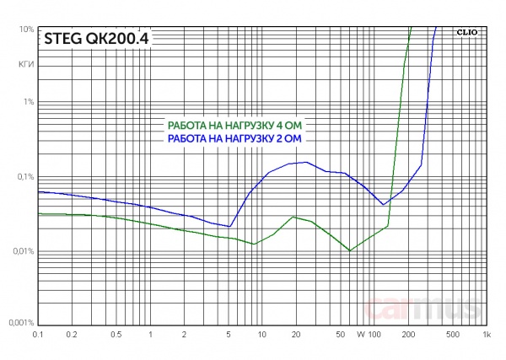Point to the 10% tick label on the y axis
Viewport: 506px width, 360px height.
(25, 30)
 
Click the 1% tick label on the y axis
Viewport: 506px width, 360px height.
(28, 102)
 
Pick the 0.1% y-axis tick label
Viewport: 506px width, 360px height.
(24, 177)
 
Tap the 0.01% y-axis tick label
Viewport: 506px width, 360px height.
(22, 251)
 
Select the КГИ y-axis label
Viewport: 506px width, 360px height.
(25, 63)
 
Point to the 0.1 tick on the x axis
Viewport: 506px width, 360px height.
(37, 336)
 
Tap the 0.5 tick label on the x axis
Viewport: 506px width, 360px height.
(116, 336)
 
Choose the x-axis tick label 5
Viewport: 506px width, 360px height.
(229, 336)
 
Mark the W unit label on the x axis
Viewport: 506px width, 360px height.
(360, 336)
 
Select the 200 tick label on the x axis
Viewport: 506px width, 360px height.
(408, 336)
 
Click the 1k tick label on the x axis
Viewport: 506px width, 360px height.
(486, 336)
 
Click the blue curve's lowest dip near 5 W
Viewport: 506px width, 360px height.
(229, 227)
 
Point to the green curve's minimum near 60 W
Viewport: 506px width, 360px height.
(350, 250)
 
